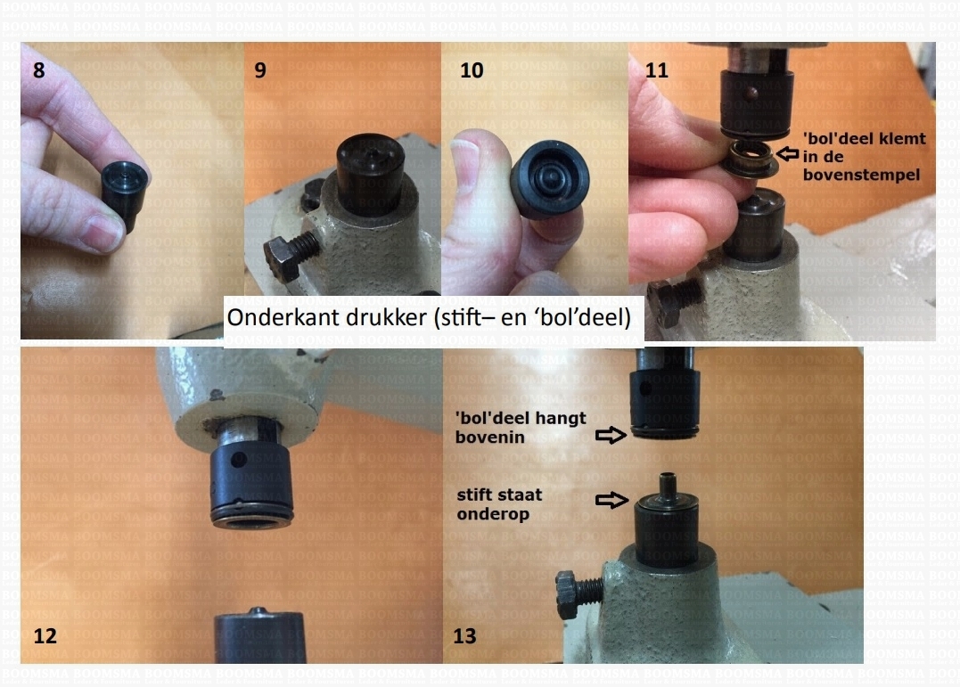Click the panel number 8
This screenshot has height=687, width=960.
click(38, 70)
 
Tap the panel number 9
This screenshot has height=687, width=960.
click(260, 70)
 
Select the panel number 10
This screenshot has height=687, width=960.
click(472, 70)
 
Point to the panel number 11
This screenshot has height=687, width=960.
click(656, 70)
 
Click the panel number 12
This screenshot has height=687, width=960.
click(45, 636)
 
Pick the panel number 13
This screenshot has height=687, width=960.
click(464, 636)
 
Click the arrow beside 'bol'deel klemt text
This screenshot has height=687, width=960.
click(788, 153)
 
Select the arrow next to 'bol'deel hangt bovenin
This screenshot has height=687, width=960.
click(611, 436)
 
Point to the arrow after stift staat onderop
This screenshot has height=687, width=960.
click(611, 500)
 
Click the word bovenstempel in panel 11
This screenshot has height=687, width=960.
click(861, 176)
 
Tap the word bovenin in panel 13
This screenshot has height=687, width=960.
click(489, 438)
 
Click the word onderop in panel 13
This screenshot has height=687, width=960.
click(493, 514)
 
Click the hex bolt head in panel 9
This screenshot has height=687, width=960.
click(283, 259)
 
